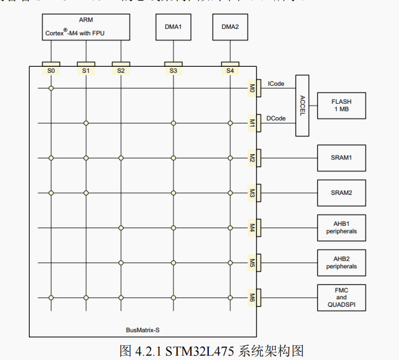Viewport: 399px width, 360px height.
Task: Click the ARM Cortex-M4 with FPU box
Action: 86,27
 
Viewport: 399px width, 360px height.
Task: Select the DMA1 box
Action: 173,27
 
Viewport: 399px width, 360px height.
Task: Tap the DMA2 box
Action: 230,27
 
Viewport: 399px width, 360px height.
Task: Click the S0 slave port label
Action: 51,71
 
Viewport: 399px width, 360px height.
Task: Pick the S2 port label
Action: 121,71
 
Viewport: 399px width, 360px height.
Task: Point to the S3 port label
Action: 173,71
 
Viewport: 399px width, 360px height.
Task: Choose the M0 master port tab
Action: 252,88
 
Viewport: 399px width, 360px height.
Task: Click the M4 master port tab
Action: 252,228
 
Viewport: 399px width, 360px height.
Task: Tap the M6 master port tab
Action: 252,298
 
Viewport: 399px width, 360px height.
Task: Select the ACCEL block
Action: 303,105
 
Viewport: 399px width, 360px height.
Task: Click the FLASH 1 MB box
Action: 341,105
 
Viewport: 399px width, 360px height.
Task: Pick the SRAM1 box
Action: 341,158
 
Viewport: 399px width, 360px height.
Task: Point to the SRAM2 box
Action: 341,193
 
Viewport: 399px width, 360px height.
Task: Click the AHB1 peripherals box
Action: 341,228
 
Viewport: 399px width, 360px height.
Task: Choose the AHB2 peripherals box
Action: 341,263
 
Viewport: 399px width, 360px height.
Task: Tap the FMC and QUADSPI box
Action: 341,298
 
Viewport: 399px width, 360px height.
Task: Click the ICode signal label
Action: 276,84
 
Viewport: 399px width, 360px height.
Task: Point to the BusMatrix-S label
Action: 142,330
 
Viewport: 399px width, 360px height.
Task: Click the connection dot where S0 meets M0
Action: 51,88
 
